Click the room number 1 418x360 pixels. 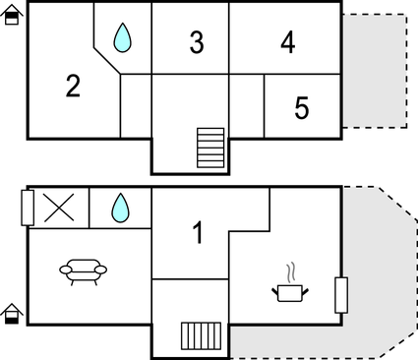tap(198, 234)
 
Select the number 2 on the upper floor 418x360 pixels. tap(73, 87)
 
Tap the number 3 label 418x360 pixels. tap(197, 42)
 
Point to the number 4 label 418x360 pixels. tap(287, 42)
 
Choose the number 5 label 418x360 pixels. tap(302, 108)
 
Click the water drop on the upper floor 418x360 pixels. tap(122, 37)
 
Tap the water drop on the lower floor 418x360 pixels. tap(120, 207)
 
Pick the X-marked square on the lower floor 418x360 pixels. tap(58, 208)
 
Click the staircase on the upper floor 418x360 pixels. tap(211, 148)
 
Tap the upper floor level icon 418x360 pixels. tap(12, 15)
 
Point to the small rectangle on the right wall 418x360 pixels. tap(340, 293)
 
